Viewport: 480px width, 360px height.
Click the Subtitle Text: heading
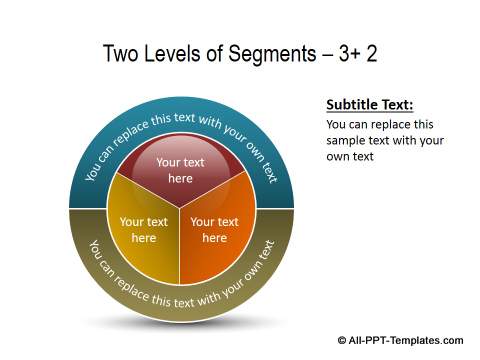coord(369,105)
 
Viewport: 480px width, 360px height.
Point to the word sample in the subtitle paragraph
coord(350,141)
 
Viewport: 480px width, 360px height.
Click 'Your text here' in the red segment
coord(180,170)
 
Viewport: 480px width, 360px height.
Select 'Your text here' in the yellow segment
coord(144,230)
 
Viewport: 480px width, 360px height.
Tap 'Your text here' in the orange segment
coord(214,230)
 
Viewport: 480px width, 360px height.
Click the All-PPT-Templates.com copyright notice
coord(400,340)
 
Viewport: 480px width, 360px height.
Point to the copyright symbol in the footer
coord(341,340)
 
